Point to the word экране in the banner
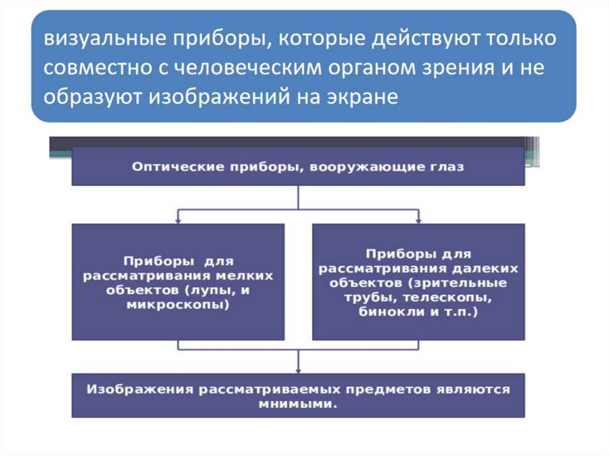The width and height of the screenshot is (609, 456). click(363, 96)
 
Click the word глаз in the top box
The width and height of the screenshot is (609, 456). click(447, 167)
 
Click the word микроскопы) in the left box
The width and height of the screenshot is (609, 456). click(178, 305)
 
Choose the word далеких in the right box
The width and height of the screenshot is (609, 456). click(489, 269)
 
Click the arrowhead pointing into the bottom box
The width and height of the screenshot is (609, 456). click(298, 369)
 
